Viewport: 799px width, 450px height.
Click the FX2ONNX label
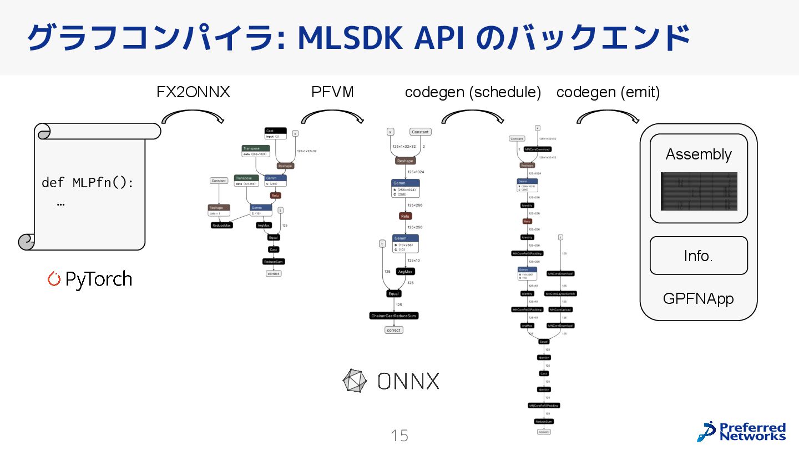pyautogui.click(x=193, y=92)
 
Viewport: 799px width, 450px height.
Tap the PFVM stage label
pyautogui.click(x=332, y=92)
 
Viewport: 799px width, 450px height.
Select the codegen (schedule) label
pyautogui.click(x=473, y=92)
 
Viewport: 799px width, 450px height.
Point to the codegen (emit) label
pyautogui.click(x=608, y=92)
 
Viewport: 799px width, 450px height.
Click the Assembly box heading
pyautogui.click(x=699, y=154)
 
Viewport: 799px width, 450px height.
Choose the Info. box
pyautogui.click(x=699, y=256)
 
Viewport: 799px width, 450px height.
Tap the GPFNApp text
pyautogui.click(x=699, y=299)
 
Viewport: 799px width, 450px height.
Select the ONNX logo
pyautogui.click(x=391, y=381)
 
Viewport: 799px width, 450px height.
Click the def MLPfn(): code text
pyautogui.click(x=88, y=182)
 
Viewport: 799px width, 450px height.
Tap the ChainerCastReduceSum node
pyautogui.click(x=393, y=316)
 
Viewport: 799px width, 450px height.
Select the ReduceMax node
pyautogui.click(x=221, y=225)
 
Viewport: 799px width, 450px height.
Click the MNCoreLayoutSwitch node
pyautogui.click(x=560, y=293)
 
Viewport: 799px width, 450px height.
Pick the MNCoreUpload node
pyautogui.click(x=560, y=309)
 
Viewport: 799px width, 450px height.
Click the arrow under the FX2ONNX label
pyautogui.click(x=193, y=116)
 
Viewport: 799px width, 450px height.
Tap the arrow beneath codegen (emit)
pyautogui.click(x=608, y=116)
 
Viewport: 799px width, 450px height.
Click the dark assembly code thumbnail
pyautogui.click(x=699, y=191)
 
